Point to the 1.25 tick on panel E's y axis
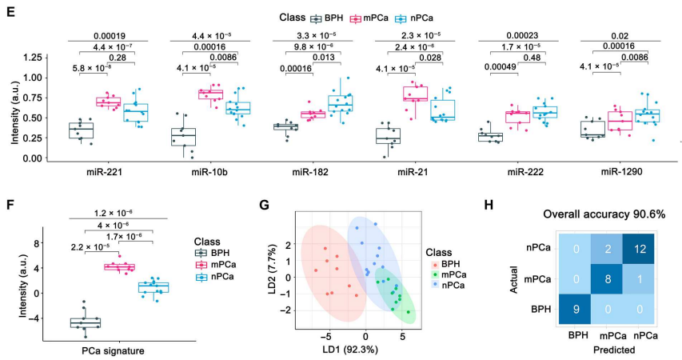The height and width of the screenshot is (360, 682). click(32, 58)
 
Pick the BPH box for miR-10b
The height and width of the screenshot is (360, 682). click(184, 137)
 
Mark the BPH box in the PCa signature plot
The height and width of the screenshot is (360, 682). click(86, 322)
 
